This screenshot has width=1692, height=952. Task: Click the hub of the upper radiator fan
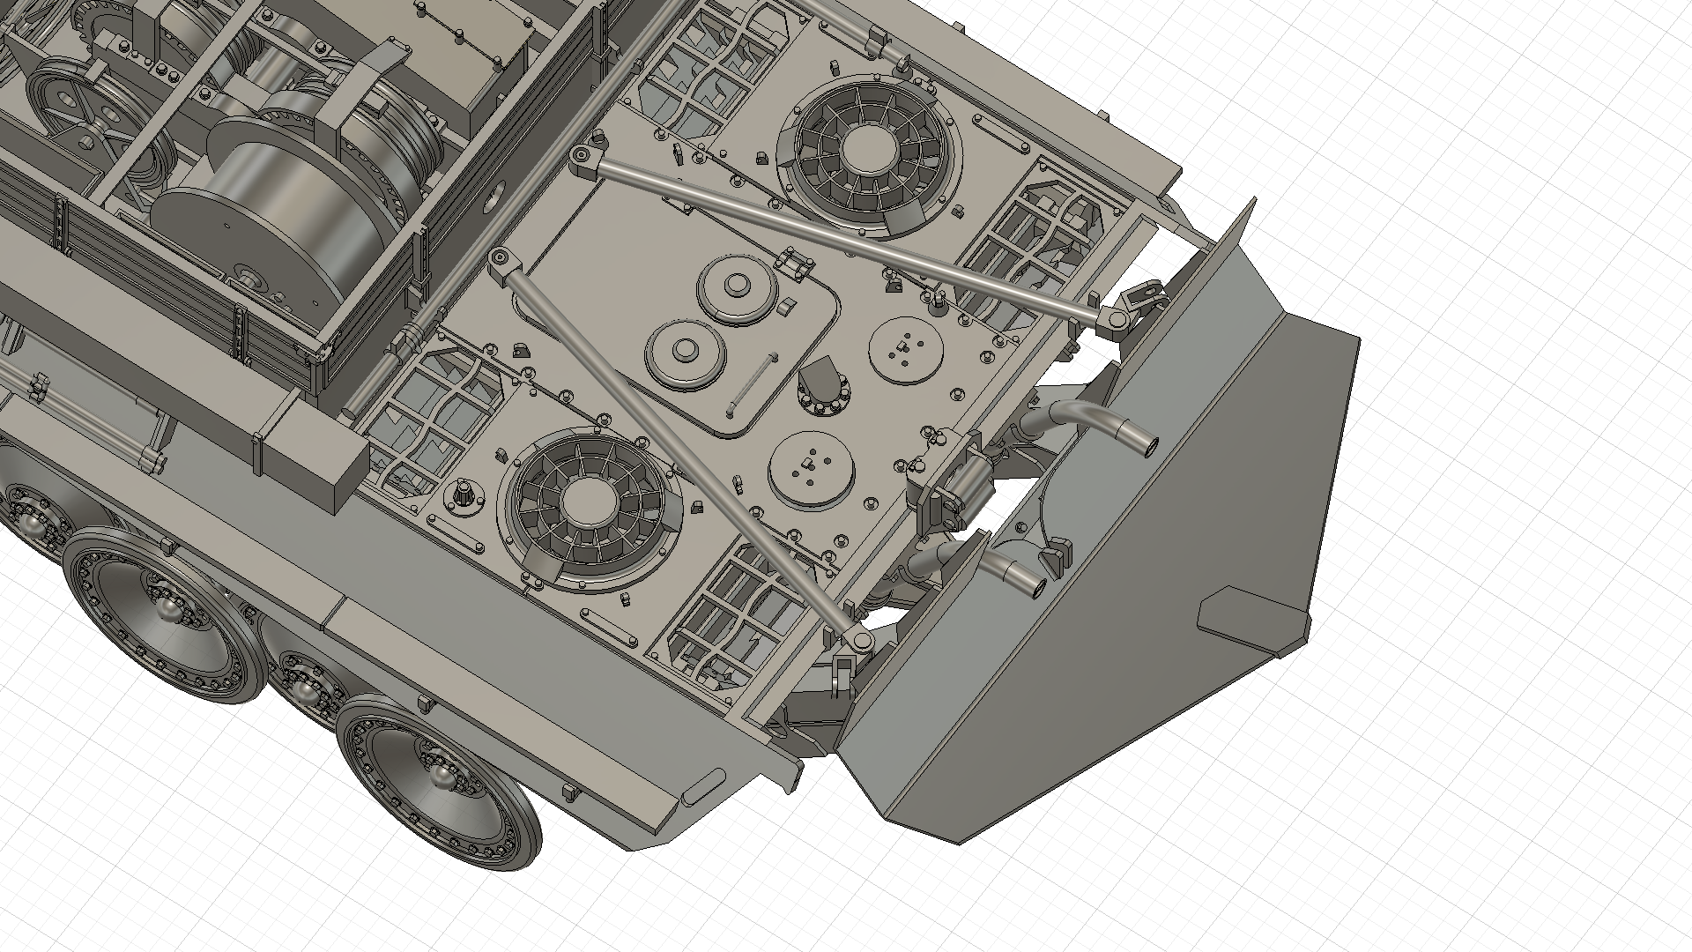[865, 151]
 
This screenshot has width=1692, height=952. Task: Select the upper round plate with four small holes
[905, 350]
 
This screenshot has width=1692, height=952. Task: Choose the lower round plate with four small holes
[811, 469]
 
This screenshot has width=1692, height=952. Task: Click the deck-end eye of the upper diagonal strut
[581, 157]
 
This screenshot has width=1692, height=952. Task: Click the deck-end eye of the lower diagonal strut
[500, 257]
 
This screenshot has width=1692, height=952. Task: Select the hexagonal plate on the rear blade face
[1251, 621]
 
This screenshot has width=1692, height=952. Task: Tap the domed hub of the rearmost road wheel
[438, 776]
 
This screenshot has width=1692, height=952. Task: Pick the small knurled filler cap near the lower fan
[463, 495]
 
